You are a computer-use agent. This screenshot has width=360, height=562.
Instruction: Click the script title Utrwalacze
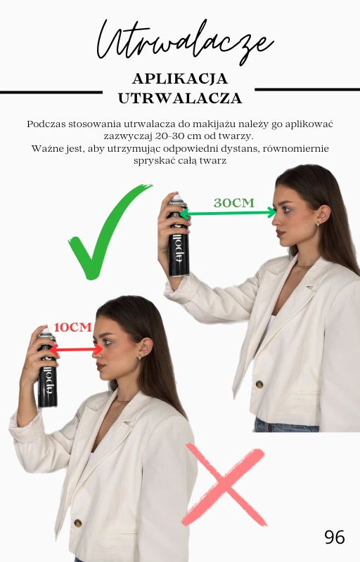click(x=185, y=41)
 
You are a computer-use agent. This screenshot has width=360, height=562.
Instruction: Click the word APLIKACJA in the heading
click(x=180, y=79)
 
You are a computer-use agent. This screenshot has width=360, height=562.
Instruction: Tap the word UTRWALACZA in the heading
click(x=180, y=98)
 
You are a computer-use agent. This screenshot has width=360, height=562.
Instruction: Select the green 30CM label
click(x=233, y=203)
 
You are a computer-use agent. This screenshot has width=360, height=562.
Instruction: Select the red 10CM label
click(x=73, y=327)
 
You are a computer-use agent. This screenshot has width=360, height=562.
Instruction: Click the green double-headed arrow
click(x=228, y=214)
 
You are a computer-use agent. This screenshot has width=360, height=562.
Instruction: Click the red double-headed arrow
click(x=76, y=349)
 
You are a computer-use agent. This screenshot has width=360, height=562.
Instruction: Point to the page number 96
click(x=335, y=537)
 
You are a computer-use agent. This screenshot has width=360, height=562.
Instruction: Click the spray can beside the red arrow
click(x=47, y=367)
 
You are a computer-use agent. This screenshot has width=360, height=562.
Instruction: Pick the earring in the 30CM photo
click(x=317, y=224)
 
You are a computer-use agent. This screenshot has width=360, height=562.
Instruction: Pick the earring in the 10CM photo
click(x=139, y=358)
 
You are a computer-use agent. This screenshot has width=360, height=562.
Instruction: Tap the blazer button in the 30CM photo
click(x=259, y=384)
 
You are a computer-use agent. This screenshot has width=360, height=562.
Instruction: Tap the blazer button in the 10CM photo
click(x=78, y=523)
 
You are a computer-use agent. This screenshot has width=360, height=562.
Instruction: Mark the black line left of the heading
click(x=51, y=93)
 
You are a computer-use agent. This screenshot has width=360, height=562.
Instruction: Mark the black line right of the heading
click(x=307, y=89)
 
